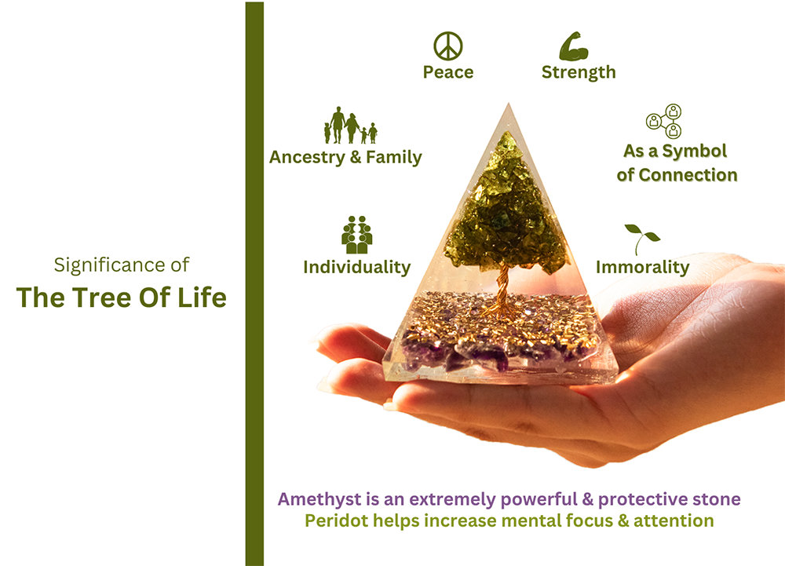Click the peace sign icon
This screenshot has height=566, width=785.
(x=448, y=46)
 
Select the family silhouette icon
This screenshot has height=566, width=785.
(x=350, y=126)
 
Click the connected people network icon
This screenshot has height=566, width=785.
(x=664, y=120)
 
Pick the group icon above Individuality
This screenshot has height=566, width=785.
(x=357, y=235)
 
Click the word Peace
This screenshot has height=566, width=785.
(x=448, y=72)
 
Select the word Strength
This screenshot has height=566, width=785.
(x=579, y=72)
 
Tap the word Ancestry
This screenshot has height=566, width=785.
(x=305, y=157)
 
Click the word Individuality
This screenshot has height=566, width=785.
(x=357, y=267)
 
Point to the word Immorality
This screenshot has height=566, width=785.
(x=642, y=267)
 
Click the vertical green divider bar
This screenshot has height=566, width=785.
(x=254, y=283)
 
